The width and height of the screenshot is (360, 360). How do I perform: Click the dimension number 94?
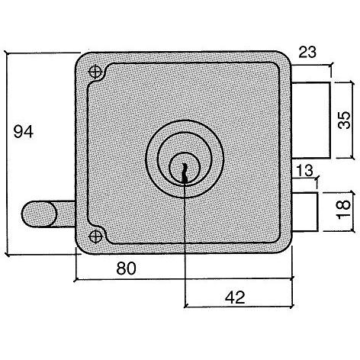24,132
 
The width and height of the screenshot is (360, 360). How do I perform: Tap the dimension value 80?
126,268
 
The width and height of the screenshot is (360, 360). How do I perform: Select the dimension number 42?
235,297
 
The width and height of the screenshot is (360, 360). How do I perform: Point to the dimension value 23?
307,52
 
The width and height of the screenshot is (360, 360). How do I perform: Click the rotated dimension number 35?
344,120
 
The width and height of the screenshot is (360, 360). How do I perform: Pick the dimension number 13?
305,170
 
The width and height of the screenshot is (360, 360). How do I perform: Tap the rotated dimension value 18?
343,210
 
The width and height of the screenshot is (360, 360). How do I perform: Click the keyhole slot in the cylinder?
185,172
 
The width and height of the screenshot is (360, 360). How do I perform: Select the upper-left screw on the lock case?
95,72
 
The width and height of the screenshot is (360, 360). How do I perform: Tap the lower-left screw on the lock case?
95,236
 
